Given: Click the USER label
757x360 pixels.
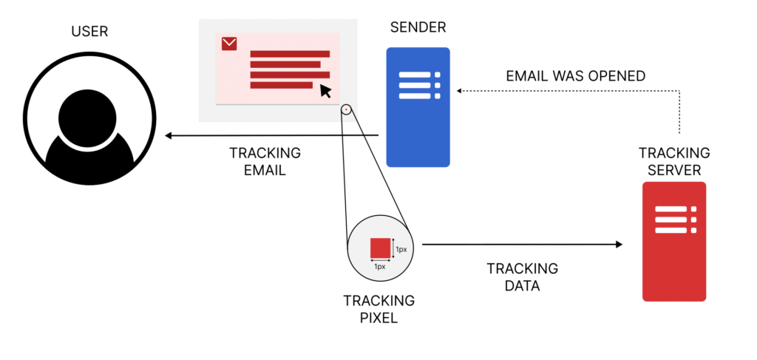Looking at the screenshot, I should tap(89, 31).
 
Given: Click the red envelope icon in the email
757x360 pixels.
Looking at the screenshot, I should tap(229, 44).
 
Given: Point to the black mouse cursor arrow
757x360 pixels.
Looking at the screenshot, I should tap(325, 91).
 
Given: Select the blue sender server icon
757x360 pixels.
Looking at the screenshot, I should tap(418, 107).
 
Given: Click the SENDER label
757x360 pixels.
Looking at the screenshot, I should tap(418, 28).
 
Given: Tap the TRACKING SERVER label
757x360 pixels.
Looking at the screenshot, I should tap(674, 161).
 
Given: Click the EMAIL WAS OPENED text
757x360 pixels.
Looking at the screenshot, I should tap(576, 75).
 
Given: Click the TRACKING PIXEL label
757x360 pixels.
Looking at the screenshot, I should tap(379, 309).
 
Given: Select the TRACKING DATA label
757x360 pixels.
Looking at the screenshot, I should tap(522, 276).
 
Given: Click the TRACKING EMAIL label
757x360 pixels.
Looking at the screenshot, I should tap(265, 161).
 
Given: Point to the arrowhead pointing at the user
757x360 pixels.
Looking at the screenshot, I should tap(169, 135).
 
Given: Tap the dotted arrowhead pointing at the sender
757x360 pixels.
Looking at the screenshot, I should tap(459, 91).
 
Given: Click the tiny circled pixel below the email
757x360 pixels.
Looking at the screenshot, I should tap(345, 110).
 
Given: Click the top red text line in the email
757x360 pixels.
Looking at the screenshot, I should tap(290, 53).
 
